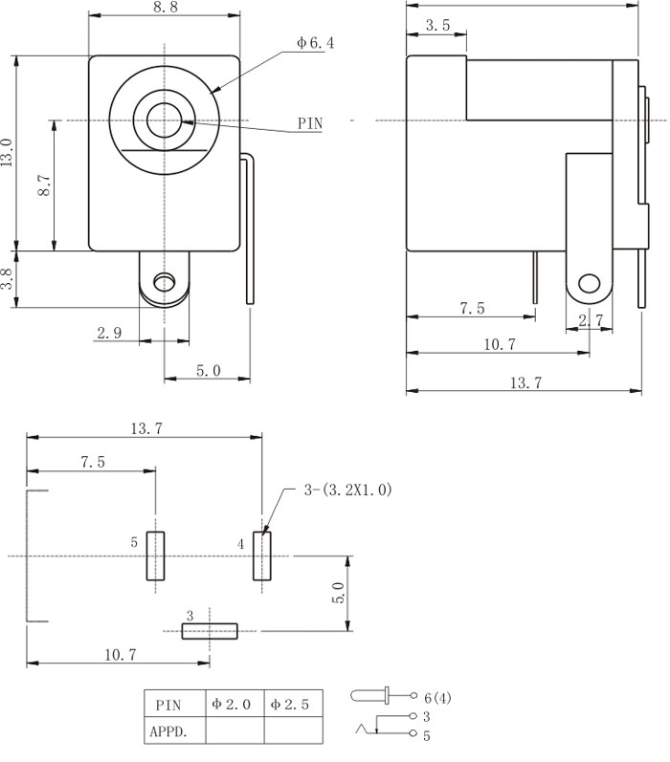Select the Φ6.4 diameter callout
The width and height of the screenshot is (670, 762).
314,43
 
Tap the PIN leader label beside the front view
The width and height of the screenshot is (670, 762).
309,123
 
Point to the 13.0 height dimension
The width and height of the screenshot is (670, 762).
8,153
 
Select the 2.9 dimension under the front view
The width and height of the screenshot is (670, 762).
108,333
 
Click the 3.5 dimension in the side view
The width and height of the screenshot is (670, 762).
436,26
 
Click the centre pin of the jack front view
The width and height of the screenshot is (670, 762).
164,120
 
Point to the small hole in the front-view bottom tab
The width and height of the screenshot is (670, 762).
164,282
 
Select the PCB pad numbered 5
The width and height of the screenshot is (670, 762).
155,555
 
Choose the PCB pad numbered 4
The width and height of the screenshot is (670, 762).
261,555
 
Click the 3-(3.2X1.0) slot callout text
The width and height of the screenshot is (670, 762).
347,490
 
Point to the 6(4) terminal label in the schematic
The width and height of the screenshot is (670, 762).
436,697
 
